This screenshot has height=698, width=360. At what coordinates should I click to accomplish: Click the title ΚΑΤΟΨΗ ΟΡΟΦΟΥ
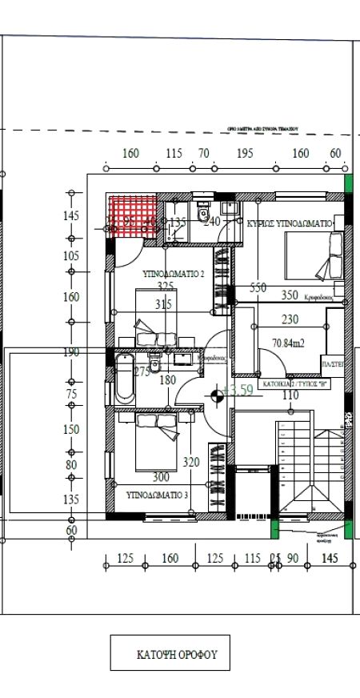[x=170, y=653]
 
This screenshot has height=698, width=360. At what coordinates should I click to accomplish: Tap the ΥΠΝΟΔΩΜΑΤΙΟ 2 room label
[x=174, y=273]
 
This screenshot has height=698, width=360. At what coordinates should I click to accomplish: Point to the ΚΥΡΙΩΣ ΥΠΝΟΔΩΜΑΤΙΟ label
[x=290, y=225]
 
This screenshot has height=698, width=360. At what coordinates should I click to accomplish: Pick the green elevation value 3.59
[x=240, y=391]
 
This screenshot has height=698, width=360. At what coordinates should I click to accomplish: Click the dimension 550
[x=258, y=287]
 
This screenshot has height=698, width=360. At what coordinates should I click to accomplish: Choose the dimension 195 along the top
[x=245, y=153]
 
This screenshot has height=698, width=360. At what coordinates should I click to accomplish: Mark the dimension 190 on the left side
[x=71, y=352]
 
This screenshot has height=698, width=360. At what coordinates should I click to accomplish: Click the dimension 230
[x=290, y=319]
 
